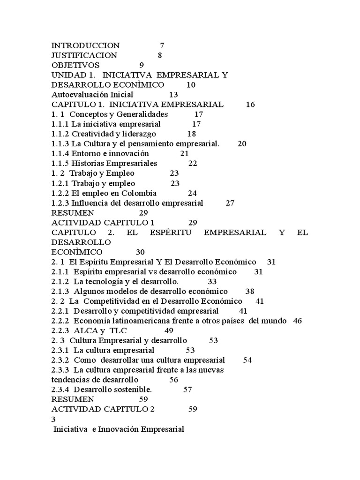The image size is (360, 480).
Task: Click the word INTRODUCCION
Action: pos(85,45)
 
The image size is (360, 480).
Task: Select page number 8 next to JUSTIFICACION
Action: pos(160,55)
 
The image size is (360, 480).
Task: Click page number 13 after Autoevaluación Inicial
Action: pos(173,94)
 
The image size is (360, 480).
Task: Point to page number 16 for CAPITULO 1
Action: pos(250,105)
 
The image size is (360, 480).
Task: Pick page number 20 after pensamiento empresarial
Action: pos(242,143)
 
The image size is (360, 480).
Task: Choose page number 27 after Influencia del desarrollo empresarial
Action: pos(230,203)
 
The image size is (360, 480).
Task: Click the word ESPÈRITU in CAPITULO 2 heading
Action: pos(172,232)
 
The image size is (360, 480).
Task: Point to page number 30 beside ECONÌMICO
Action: pos(140,252)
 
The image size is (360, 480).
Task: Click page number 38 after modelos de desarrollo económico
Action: pos(250,291)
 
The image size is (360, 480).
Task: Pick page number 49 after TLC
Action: pos(169,330)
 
